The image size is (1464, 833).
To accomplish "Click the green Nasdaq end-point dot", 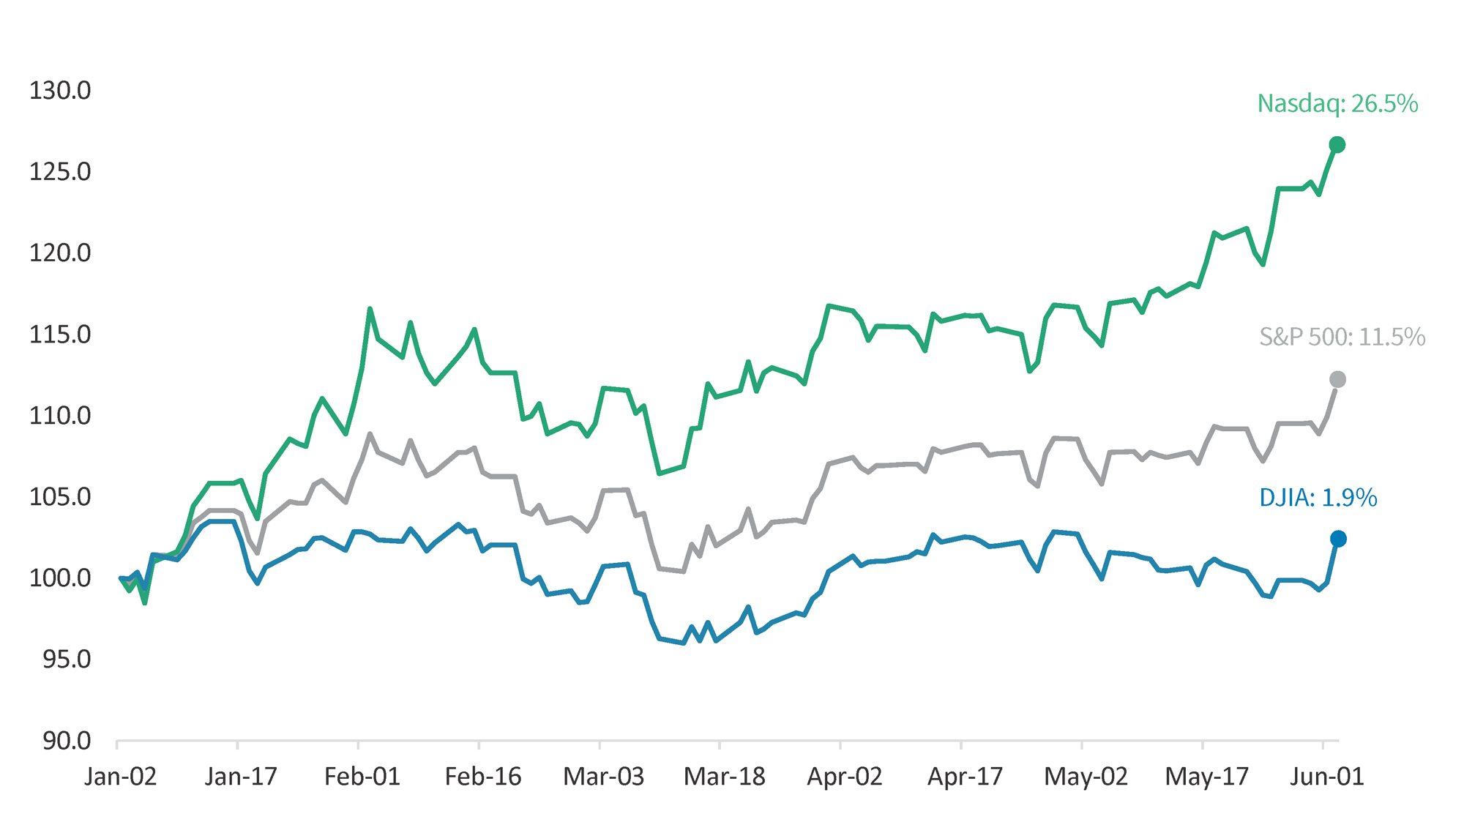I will (1337, 145).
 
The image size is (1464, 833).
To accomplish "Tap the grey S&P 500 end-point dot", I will (1337, 379).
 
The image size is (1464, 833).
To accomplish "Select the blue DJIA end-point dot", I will (1338, 539).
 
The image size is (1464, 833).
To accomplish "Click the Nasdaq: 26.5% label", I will (1337, 104).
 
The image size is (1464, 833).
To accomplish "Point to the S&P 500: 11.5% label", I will (1342, 337).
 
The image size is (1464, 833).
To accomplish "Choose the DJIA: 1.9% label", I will (1318, 498).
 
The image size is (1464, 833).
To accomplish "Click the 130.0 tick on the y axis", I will (60, 91).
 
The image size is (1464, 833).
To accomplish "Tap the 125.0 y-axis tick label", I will (60, 172).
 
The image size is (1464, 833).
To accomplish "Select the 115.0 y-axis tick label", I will (60, 335).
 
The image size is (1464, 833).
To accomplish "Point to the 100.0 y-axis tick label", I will (60, 578).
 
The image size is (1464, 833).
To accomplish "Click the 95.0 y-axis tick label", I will (67, 660).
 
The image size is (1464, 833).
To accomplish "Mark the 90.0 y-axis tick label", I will (67, 741).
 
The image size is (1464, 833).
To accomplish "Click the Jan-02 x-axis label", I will (121, 777).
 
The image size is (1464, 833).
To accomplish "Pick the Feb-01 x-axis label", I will (362, 777).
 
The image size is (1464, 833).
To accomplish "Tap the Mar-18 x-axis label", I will (724, 777).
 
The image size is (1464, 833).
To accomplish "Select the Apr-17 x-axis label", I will (965, 777).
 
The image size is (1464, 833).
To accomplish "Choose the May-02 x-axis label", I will (1086, 777).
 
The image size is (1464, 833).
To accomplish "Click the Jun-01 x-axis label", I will (1326, 777).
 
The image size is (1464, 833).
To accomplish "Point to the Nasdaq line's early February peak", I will (370, 309).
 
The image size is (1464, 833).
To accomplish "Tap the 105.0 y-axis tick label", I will (60, 497).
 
